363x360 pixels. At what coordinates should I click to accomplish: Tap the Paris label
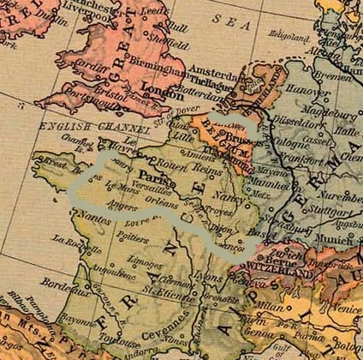point(146,171)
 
